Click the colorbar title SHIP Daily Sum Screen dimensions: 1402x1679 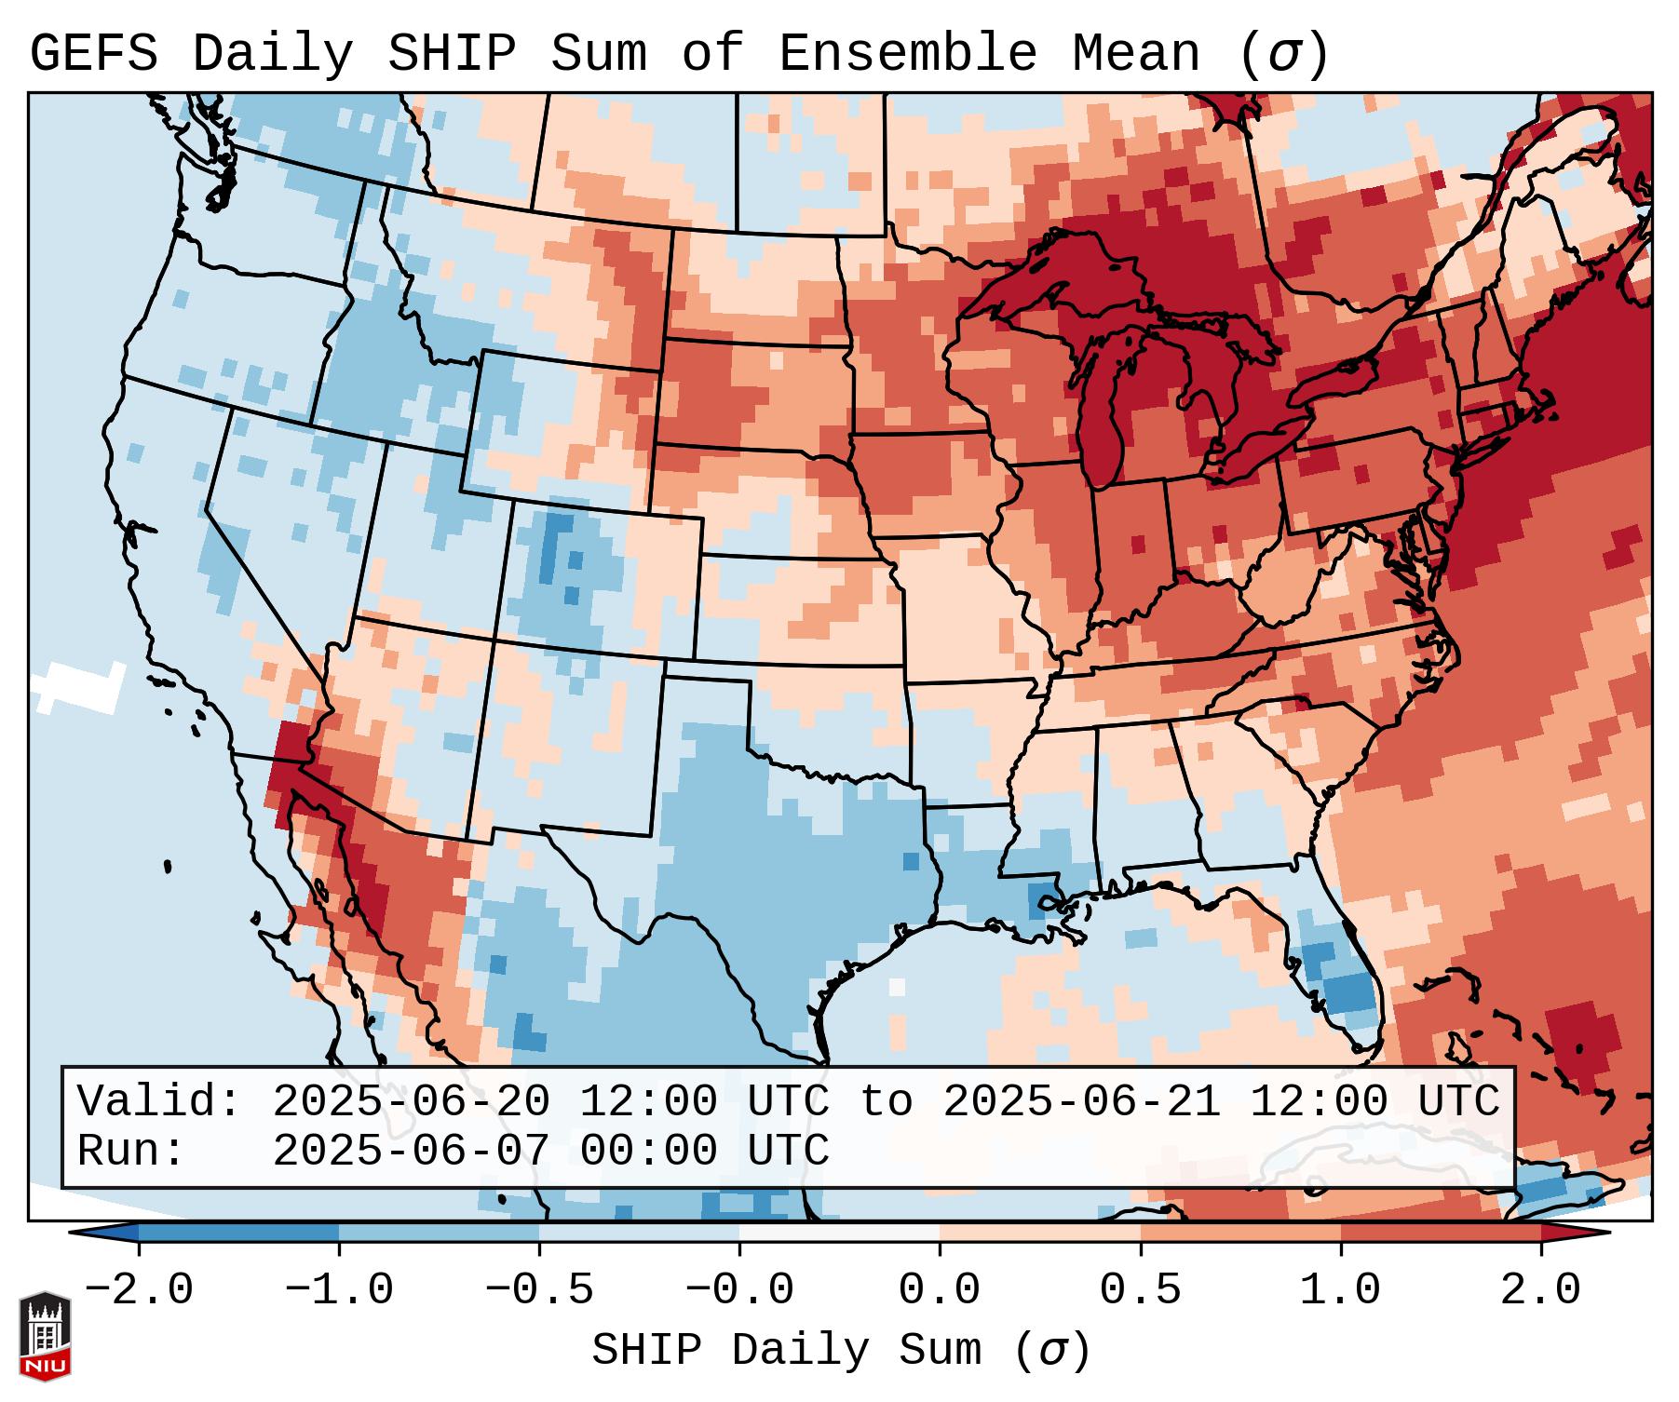(840, 1351)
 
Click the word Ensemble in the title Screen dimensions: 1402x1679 (907, 53)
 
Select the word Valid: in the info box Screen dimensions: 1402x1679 (159, 1102)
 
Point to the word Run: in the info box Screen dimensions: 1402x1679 (131, 1152)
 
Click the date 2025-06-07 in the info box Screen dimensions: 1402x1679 (411, 1152)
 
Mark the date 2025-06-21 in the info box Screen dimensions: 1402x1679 (1081, 1102)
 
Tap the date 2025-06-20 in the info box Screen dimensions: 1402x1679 (411, 1102)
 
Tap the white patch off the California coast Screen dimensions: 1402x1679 (79, 686)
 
